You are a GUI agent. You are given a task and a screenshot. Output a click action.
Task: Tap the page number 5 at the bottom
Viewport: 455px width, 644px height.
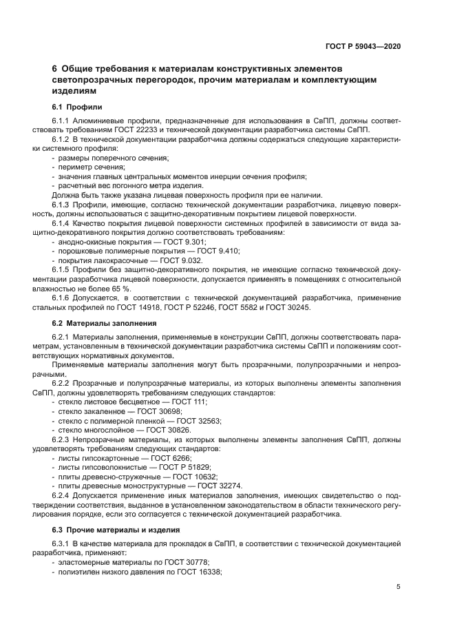399,587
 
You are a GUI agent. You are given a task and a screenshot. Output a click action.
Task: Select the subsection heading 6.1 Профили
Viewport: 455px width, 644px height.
77,107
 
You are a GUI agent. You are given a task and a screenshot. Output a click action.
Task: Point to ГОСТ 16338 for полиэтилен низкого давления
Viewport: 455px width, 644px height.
197,572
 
